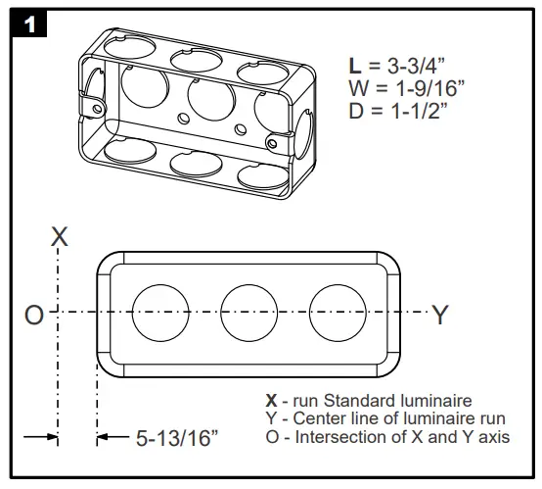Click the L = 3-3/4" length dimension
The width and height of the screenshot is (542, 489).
click(x=400, y=67)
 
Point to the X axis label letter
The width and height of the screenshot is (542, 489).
click(x=59, y=237)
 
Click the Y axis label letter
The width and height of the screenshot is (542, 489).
click(x=440, y=315)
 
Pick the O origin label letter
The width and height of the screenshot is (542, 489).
click(x=34, y=316)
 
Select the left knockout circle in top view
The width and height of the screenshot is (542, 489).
click(x=159, y=313)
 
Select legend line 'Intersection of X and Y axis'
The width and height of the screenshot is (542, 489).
click(x=387, y=436)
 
